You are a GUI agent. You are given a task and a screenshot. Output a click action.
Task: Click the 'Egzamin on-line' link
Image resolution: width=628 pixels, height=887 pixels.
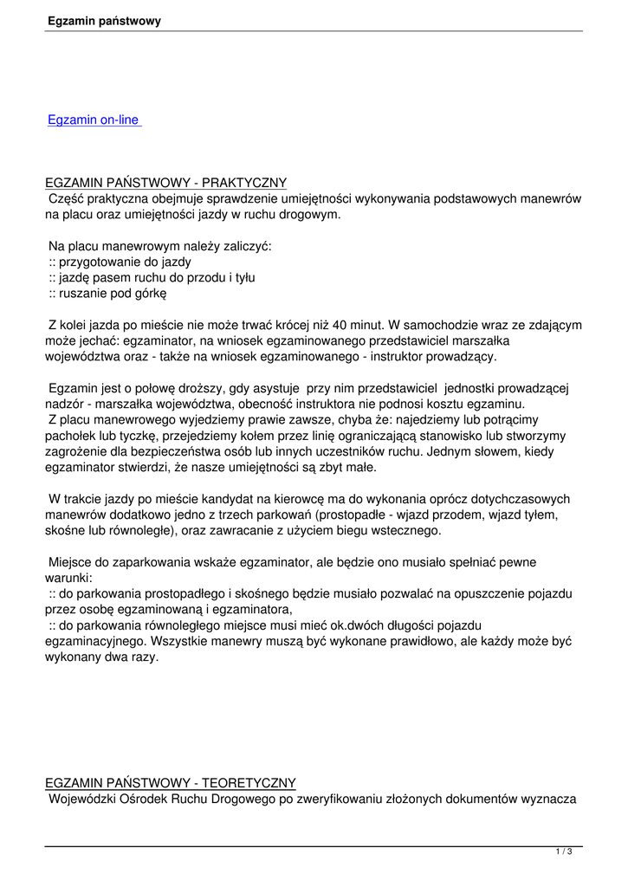(x=94, y=120)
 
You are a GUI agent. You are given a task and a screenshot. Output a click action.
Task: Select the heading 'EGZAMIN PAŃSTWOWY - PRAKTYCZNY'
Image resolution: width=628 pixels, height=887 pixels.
(x=165, y=183)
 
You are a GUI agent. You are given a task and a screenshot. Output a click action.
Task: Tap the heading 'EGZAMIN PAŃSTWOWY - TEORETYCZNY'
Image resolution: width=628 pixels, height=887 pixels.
(x=171, y=783)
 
